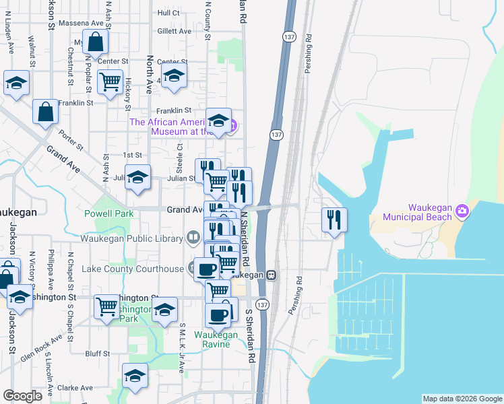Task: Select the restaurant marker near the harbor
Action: (x=334, y=220)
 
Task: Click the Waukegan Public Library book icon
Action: (x=193, y=238)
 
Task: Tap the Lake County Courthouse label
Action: (x=132, y=269)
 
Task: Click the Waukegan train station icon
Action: (x=271, y=275)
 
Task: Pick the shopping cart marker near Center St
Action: (x=110, y=82)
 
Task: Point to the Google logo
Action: (x=22, y=396)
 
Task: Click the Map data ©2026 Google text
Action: (x=462, y=399)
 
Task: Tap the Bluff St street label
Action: (x=98, y=353)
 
